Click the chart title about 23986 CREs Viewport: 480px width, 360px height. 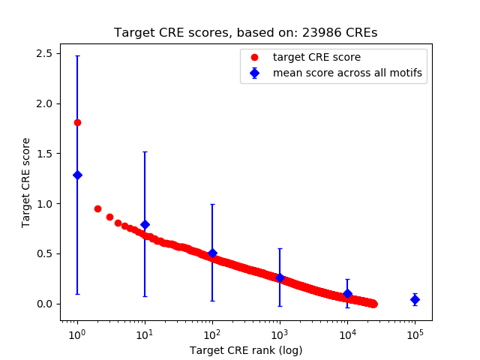(246, 33)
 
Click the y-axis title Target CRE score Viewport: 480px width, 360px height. (26, 182)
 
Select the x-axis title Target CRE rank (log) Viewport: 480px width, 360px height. (246, 349)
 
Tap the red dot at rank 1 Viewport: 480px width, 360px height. (77, 122)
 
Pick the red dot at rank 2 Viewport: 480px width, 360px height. (97, 208)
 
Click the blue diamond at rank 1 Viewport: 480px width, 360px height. (77, 175)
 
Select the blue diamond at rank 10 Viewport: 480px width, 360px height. (145, 224)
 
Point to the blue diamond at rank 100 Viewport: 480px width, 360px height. (212, 253)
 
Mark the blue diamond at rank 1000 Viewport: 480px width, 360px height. (280, 277)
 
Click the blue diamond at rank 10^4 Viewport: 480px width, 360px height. (347, 294)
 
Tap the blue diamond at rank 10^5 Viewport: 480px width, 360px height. (415, 299)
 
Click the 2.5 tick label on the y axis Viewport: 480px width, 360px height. (43, 53)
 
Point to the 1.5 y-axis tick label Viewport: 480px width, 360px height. (43, 154)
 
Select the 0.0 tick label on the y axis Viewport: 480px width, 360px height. (43, 304)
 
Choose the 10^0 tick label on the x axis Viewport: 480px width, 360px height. (77, 334)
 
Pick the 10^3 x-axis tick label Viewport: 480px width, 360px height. (280, 334)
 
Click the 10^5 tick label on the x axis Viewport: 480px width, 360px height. (415, 334)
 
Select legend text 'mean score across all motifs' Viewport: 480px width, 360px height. (348, 73)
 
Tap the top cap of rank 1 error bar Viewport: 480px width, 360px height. (77, 55)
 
